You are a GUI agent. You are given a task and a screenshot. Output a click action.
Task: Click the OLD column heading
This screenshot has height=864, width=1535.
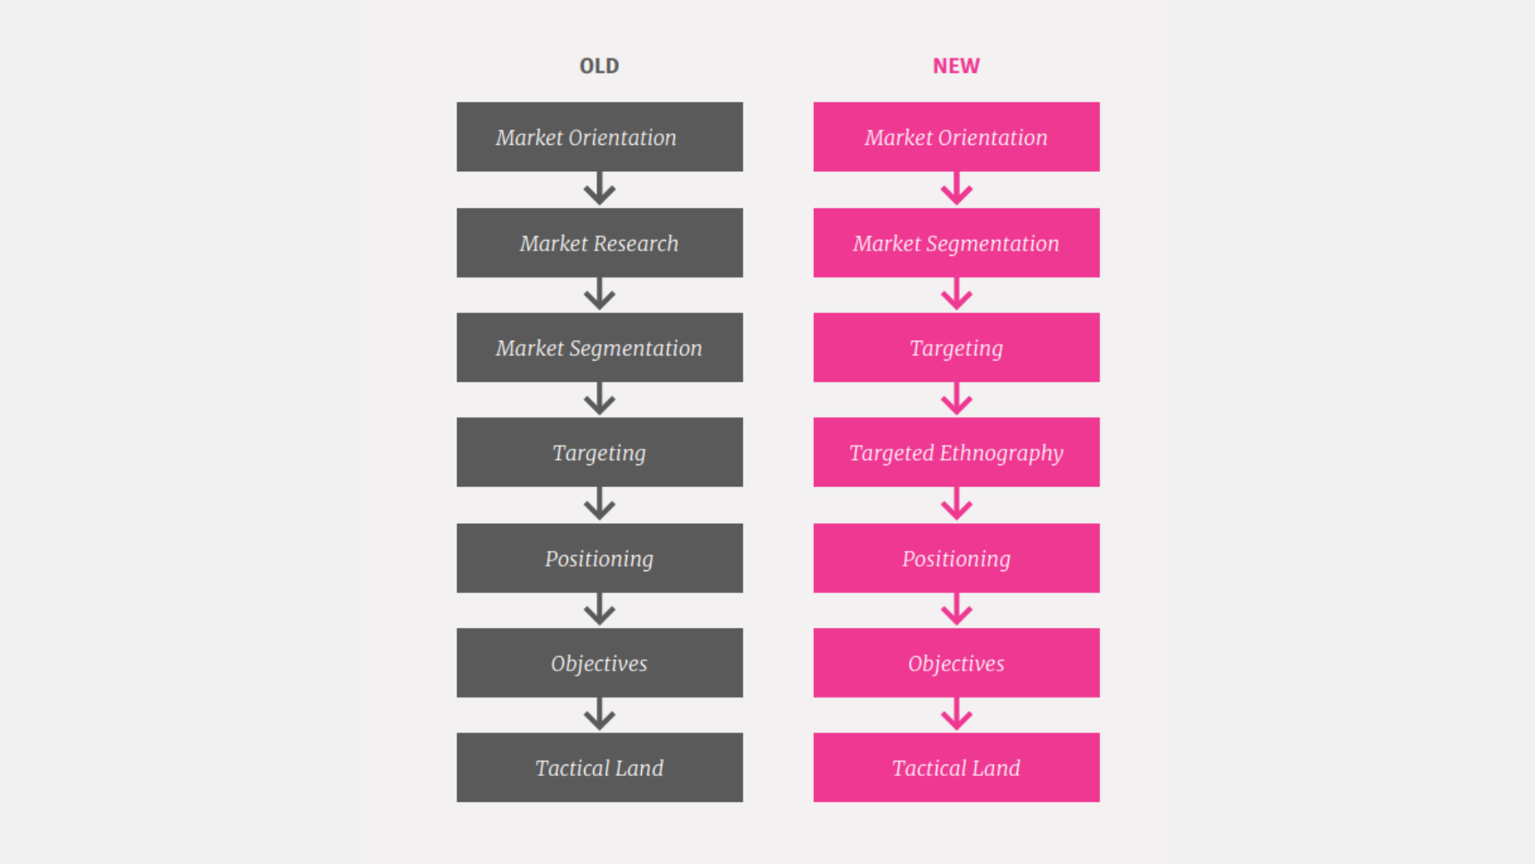599,66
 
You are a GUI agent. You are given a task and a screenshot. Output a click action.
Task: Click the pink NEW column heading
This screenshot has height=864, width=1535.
956,66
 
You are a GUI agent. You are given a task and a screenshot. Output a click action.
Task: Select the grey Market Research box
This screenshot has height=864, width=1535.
600,242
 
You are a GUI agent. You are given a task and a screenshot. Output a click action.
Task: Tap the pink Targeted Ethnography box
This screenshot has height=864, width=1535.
956,452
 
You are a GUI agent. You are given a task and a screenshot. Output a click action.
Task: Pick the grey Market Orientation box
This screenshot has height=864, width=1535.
600,137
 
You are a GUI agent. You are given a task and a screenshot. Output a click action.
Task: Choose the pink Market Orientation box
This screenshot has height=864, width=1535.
956,137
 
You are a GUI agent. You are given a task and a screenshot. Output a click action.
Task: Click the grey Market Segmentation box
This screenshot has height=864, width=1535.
600,347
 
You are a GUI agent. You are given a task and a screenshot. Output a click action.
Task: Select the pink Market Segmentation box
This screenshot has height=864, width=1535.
956,242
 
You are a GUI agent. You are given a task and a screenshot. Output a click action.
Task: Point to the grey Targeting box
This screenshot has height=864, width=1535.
600,452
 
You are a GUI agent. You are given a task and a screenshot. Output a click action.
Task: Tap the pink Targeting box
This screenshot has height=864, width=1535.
956,347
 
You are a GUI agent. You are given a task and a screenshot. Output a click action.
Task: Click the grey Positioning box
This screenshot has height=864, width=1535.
600,558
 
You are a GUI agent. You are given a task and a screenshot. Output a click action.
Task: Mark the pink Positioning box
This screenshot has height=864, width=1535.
956,558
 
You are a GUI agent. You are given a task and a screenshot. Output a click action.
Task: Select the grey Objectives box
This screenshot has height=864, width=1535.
600,662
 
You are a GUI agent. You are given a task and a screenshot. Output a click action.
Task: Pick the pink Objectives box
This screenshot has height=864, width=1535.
956,662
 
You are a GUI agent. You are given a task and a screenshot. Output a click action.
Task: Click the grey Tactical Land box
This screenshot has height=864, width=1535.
600,767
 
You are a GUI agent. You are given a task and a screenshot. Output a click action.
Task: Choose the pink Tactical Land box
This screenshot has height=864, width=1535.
956,767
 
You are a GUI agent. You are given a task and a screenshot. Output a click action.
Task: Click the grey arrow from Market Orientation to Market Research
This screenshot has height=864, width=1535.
600,188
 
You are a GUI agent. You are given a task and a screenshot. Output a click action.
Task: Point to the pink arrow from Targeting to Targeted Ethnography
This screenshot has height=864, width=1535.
956,398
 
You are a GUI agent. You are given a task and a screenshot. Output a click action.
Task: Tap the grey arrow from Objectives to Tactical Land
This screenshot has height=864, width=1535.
600,714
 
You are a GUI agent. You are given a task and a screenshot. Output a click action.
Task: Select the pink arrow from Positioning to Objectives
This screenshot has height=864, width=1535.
956,609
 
